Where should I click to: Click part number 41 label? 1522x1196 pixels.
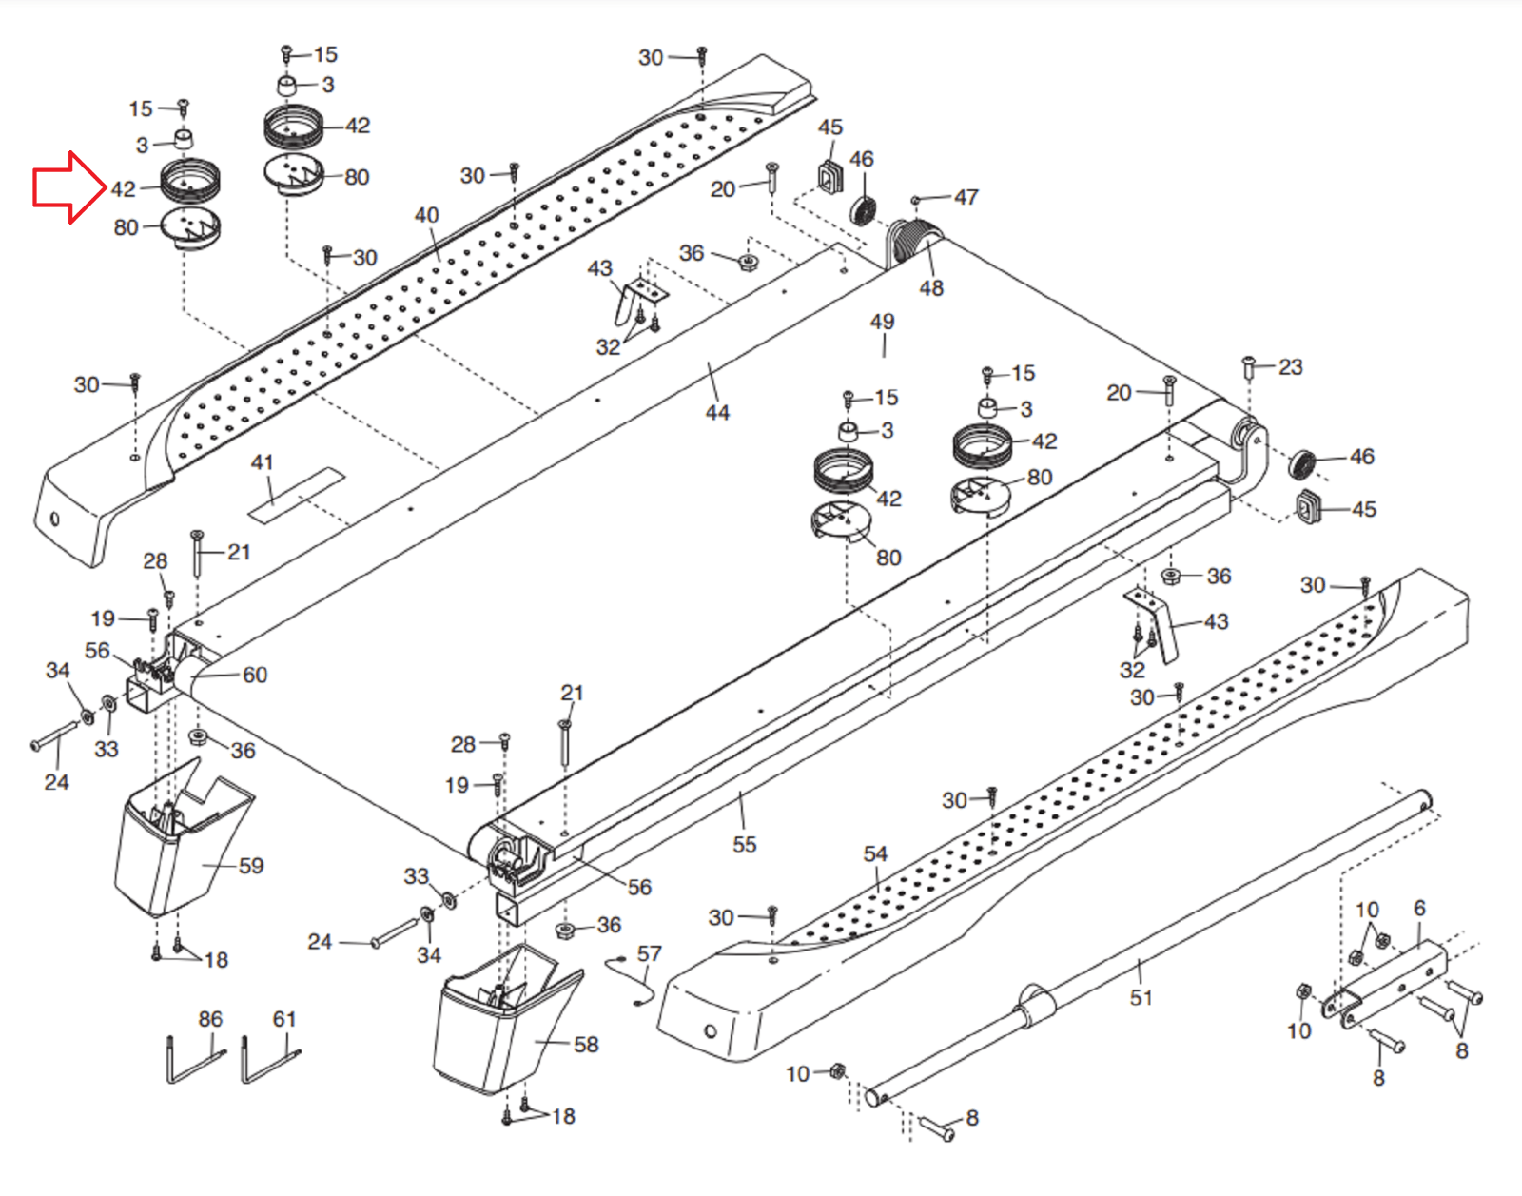(x=262, y=462)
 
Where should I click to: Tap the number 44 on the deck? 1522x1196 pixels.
(x=717, y=413)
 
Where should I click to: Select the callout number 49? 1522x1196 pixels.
(x=882, y=322)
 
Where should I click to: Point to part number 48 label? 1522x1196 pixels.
(x=931, y=288)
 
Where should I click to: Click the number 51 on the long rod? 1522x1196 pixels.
(x=1141, y=997)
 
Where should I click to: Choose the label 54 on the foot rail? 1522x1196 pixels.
(x=875, y=854)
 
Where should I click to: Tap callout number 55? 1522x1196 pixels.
(x=745, y=845)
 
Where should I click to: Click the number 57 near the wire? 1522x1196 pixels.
(x=649, y=953)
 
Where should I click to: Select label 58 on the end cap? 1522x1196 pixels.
(x=586, y=1045)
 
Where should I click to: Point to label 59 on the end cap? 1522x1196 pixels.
(x=251, y=866)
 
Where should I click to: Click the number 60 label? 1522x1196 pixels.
(x=255, y=675)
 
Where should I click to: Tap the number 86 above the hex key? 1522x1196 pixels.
(x=210, y=1019)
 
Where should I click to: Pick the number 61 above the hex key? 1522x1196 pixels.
(x=284, y=1019)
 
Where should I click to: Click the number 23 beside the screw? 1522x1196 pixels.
(x=1290, y=367)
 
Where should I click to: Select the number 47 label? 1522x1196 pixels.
(x=966, y=197)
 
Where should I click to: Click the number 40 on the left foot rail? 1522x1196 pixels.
(x=426, y=215)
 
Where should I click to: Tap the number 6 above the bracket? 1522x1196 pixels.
(x=1419, y=909)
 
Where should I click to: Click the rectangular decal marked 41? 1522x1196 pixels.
(x=296, y=494)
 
